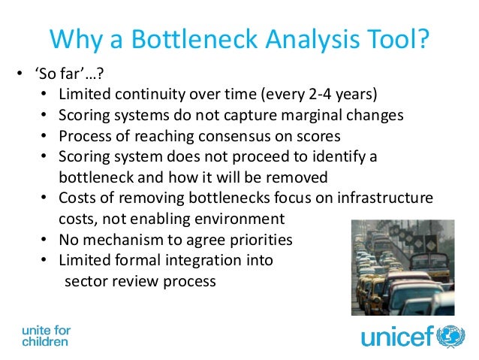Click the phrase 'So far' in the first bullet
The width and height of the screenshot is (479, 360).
[x=49, y=75]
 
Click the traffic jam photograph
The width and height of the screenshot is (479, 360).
[x=402, y=267]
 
